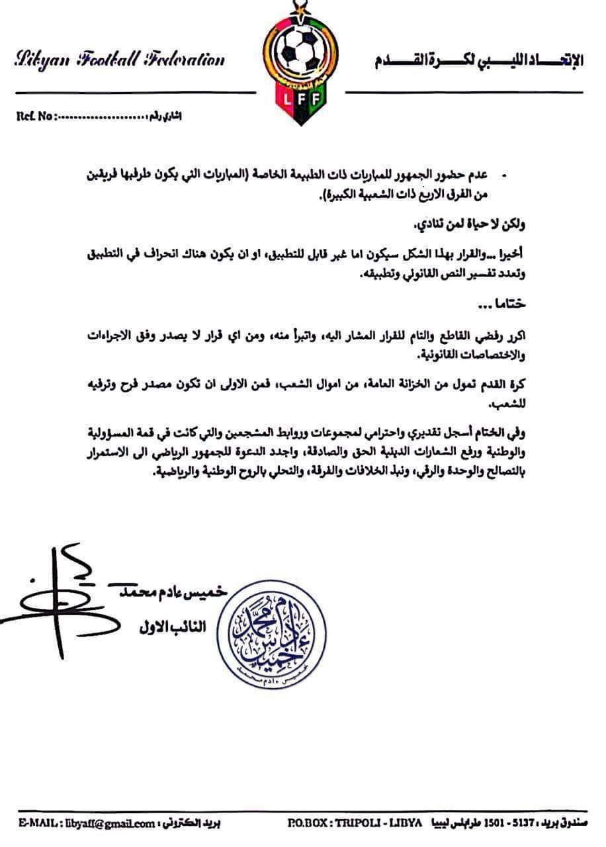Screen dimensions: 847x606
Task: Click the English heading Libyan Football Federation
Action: pyautogui.click(x=119, y=61)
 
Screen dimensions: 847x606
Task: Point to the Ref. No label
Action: pyautogui.click(x=33, y=116)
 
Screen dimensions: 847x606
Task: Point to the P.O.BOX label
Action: pyautogui.click(x=310, y=823)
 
